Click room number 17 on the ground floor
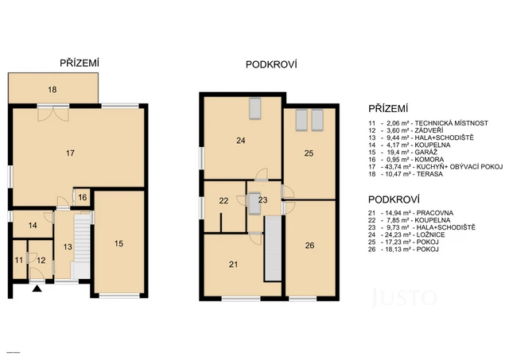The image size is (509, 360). [71, 152]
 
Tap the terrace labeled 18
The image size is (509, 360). [52, 91]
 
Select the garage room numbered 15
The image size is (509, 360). [118, 244]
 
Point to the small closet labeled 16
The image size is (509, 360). [82, 197]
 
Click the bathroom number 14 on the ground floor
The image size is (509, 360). [33, 226]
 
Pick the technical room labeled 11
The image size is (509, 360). [19, 260]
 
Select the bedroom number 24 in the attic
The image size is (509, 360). [240, 141]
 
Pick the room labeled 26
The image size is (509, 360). [309, 246]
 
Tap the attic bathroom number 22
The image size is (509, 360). [224, 201]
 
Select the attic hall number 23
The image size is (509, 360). [262, 199]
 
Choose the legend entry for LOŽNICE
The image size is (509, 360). [418, 234]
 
